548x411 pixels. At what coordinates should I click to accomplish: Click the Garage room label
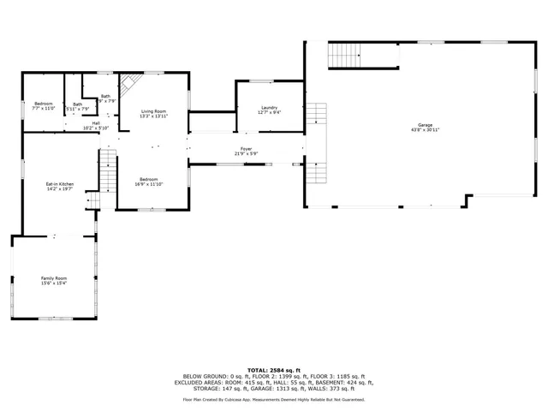click(x=425, y=125)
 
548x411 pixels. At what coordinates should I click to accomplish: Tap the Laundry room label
click(x=270, y=108)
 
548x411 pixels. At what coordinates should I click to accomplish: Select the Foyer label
click(x=246, y=149)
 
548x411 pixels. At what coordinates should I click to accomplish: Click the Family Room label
click(x=54, y=278)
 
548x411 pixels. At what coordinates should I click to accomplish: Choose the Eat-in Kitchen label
click(x=60, y=184)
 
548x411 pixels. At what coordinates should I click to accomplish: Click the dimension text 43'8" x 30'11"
click(x=425, y=130)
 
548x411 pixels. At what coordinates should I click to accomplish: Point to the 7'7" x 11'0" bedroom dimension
click(x=43, y=109)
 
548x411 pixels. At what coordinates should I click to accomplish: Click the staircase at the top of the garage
click(x=346, y=56)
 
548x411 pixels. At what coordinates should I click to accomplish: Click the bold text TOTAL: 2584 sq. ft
click(x=273, y=369)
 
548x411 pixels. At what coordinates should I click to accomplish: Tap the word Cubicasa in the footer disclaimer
click(x=242, y=399)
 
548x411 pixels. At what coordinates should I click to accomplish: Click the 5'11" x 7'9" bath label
click(x=78, y=109)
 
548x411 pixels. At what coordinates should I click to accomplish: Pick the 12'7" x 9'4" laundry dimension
click(x=270, y=113)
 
